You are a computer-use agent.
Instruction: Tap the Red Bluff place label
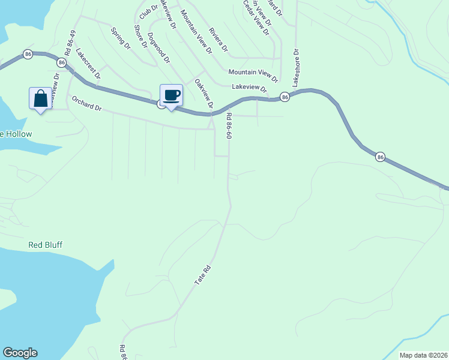coord(46,245)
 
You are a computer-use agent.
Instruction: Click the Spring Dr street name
coord(120,38)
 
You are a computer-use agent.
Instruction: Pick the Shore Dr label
coord(139,37)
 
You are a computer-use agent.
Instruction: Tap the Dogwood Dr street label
coord(158,49)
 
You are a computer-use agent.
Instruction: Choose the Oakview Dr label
coord(204,93)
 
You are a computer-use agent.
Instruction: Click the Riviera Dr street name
coord(218,39)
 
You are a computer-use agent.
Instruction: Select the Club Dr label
coord(148,10)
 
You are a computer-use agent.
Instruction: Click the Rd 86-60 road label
coord(229,127)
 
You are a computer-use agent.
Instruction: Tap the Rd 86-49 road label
coord(71,43)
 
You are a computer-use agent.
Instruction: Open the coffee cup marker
coord(171,95)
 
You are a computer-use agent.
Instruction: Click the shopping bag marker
coord(40,98)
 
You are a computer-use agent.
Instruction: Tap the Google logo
coord(20,353)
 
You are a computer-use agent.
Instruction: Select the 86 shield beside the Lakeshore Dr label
coord(285,97)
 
